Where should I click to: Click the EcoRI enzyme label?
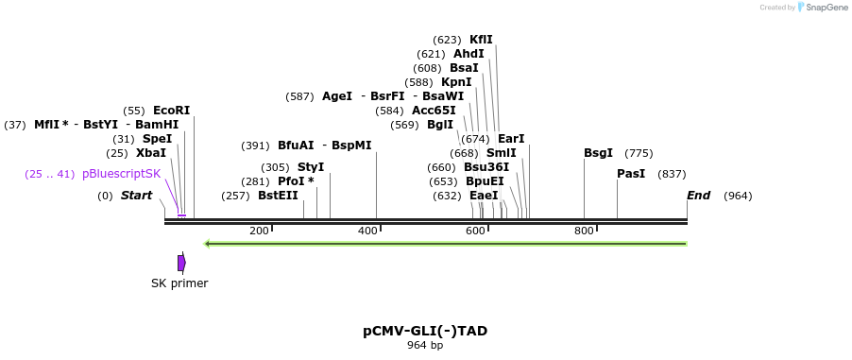coord(172,111)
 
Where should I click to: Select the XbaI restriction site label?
coord(151,153)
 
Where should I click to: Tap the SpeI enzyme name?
coord(157,139)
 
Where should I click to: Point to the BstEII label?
coord(279,196)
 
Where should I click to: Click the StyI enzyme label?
coord(311,167)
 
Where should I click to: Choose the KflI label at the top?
coord(481,39)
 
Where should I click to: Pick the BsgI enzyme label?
coord(598,153)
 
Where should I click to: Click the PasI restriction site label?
coord(631,174)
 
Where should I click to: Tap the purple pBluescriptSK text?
coord(122,174)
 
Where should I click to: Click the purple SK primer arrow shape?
coord(181,263)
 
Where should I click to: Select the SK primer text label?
coord(179,283)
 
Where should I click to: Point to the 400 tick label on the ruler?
coord(367,231)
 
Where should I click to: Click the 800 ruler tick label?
coord(584,231)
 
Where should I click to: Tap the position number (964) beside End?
coord(738,196)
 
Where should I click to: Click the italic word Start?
coord(136,196)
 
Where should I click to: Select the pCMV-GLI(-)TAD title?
coord(425,331)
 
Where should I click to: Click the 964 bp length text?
coord(425,345)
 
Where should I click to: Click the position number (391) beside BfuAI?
coord(255,146)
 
